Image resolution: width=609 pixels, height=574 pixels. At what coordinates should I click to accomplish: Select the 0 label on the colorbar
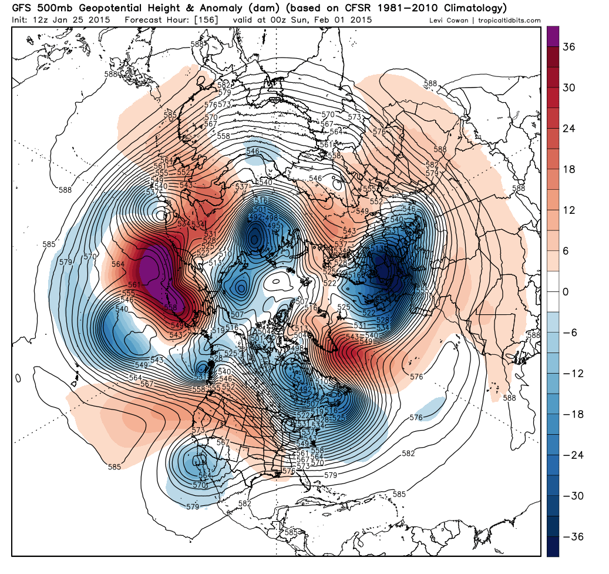[x=569, y=292]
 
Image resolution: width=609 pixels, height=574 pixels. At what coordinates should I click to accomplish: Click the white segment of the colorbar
[x=553, y=292]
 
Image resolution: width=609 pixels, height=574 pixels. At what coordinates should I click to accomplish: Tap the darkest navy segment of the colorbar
[x=553, y=547]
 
